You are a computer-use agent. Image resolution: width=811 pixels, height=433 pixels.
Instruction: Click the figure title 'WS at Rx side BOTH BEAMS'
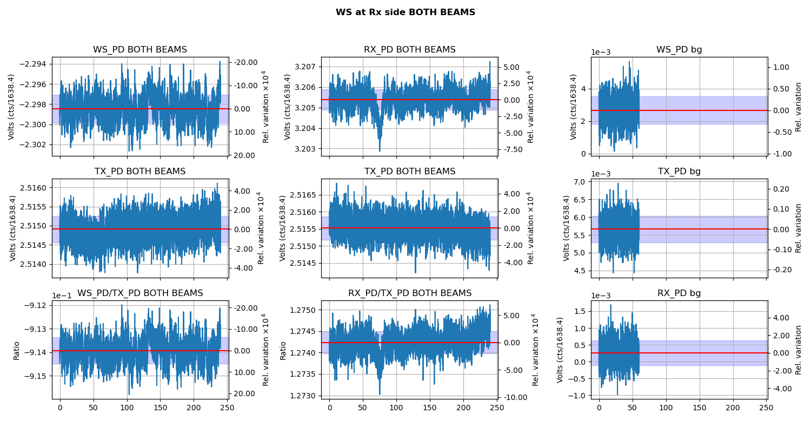[405, 12]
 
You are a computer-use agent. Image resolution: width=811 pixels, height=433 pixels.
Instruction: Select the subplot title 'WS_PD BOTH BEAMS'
[140, 50]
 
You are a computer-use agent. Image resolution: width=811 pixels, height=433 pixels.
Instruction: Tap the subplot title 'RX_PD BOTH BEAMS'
[409, 50]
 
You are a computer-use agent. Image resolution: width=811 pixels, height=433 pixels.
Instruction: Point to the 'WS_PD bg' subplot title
[679, 50]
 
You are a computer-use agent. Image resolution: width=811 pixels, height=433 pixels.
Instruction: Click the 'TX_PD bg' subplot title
[679, 172]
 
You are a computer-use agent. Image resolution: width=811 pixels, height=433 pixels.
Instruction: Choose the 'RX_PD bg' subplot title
[679, 293]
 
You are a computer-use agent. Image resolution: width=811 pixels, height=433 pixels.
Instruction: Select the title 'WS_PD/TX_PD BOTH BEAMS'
[140, 293]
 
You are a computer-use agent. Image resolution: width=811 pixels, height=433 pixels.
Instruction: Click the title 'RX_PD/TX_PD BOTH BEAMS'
[409, 293]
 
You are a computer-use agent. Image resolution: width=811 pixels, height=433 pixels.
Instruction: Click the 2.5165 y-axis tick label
[304, 195]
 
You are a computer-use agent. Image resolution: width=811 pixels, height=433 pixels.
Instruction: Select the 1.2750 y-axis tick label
[304, 310]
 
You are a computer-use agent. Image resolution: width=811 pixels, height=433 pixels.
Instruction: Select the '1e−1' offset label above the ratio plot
[62, 296]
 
